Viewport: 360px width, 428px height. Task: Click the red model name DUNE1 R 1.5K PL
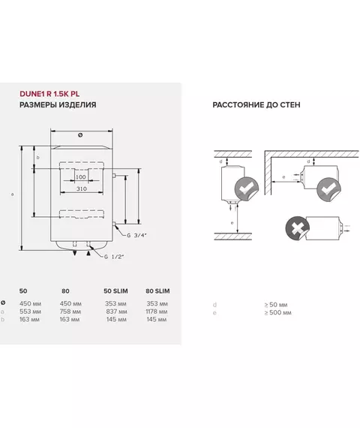(49, 94)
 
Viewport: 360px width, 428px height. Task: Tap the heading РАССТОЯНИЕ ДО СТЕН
(256, 105)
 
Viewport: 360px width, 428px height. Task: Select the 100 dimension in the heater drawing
(81, 177)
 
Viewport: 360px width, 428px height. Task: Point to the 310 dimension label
(82, 188)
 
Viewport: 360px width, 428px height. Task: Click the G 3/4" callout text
(137, 235)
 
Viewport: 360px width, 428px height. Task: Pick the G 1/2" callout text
(114, 257)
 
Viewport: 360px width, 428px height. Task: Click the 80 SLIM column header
(157, 291)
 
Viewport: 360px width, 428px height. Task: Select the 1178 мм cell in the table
(157, 312)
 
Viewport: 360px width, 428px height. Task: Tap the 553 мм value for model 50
(30, 312)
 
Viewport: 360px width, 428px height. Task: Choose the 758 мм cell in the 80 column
(70, 312)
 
